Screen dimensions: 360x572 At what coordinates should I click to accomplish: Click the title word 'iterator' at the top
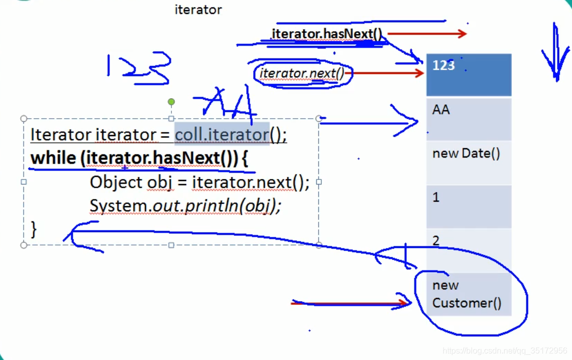point(198,10)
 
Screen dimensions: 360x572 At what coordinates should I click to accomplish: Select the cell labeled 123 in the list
point(468,75)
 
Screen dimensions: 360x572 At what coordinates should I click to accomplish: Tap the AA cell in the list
point(468,119)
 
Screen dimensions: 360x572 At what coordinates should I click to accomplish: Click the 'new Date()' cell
point(468,162)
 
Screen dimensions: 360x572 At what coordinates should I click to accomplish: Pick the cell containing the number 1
point(468,206)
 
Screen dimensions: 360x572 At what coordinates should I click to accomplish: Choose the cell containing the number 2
point(468,250)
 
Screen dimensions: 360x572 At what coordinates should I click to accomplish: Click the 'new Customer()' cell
point(468,295)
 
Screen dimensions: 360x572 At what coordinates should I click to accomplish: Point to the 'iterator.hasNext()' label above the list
point(327,34)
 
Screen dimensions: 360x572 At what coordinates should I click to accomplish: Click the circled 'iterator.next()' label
point(302,74)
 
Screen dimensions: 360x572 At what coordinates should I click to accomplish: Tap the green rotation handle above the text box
point(171,102)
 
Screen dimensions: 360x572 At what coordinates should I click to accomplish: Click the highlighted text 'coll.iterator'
point(222,134)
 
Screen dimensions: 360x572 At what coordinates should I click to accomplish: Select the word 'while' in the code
point(53,159)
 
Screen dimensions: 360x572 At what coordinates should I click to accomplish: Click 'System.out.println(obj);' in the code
point(185,206)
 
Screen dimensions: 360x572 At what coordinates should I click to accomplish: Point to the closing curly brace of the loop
point(34,229)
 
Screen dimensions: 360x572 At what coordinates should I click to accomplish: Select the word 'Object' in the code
point(116,182)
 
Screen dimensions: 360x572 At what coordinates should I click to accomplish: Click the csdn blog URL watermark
point(504,351)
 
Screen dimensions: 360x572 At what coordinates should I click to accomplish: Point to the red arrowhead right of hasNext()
point(462,34)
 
